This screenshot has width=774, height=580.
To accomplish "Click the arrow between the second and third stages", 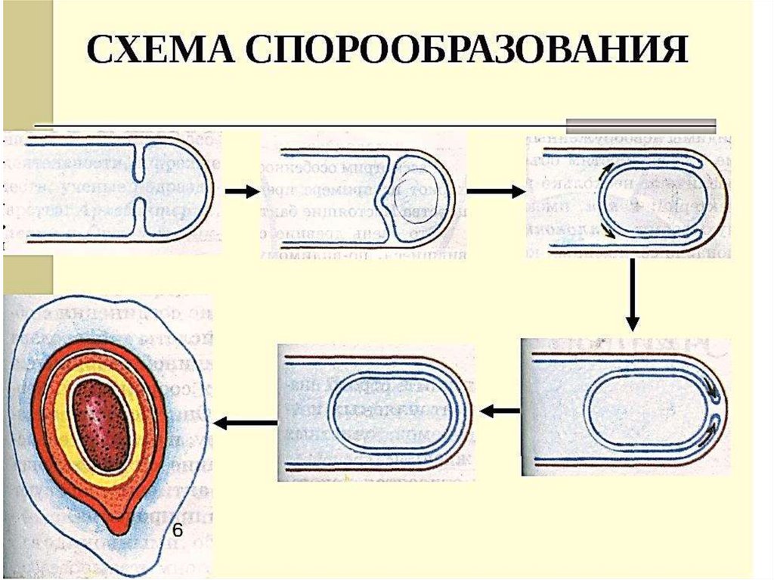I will point(495,192).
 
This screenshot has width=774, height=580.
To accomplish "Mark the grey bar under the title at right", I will point(641,125).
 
